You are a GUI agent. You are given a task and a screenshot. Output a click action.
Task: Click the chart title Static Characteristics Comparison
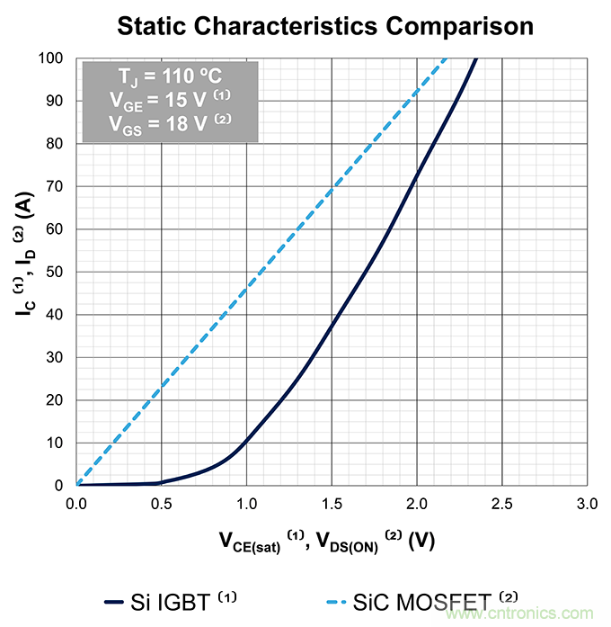(x=324, y=25)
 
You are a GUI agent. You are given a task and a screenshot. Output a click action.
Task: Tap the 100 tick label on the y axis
(x=50, y=58)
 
